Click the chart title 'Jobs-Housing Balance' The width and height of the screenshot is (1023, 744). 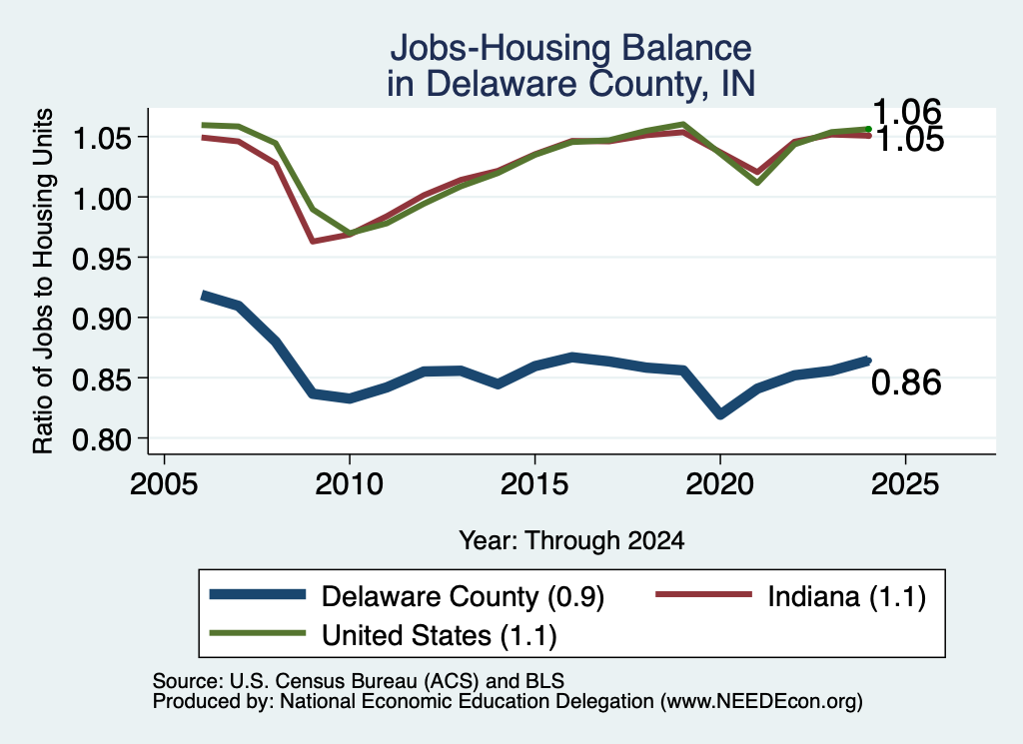(x=570, y=48)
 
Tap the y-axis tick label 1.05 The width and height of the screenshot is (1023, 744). (x=101, y=138)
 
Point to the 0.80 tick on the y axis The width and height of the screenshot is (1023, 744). (x=101, y=439)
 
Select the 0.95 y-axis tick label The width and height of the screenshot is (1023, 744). (x=101, y=259)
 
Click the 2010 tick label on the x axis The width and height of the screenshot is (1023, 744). (x=349, y=484)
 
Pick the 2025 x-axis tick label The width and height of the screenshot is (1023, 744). (x=905, y=484)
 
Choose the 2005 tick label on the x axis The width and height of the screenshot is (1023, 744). (x=164, y=484)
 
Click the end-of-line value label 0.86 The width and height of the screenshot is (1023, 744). (x=906, y=382)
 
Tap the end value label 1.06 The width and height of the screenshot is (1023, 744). (x=907, y=112)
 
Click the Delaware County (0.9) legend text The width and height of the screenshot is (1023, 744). (x=463, y=596)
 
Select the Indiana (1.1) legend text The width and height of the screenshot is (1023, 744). (x=846, y=596)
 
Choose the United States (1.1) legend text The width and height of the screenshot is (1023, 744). (x=440, y=636)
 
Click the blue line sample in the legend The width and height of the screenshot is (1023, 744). (x=258, y=594)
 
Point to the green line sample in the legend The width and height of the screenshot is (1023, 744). (x=258, y=633)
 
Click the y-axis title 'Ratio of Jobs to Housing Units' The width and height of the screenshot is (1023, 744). (x=43, y=281)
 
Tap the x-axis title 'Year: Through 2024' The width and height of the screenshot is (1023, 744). (x=571, y=540)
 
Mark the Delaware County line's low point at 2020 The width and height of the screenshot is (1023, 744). (x=720, y=414)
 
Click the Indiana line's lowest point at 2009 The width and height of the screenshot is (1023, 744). (x=313, y=242)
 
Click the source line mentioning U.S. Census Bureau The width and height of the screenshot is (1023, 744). (x=359, y=681)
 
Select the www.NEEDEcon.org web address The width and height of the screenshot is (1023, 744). (x=761, y=702)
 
